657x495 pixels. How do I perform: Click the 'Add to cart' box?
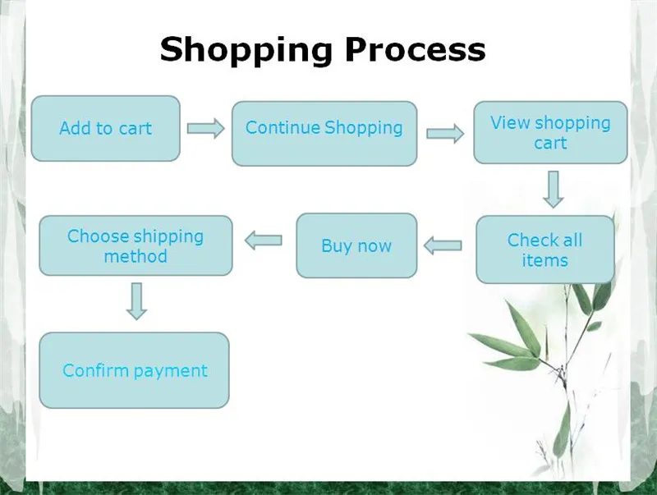106,129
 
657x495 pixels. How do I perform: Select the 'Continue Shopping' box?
324,134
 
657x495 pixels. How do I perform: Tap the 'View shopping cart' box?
550,132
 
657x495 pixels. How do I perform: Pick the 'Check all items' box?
545,250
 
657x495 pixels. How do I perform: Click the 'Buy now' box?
356,245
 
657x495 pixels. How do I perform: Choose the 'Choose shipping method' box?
136,245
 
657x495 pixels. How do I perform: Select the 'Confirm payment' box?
134,370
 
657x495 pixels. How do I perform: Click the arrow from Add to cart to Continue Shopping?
205,128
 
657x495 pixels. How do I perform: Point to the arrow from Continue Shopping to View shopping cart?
445,134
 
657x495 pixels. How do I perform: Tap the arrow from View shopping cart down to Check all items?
553,190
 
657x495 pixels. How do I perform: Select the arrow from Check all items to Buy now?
443,245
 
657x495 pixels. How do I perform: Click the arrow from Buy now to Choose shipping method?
263,241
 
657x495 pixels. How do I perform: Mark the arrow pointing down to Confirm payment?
136,301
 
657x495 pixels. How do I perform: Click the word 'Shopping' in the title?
246,50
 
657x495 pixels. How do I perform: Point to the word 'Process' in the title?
415,49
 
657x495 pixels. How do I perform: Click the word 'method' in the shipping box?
136,256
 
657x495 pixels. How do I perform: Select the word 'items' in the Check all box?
544,260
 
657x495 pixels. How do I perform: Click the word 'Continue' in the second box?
283,127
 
